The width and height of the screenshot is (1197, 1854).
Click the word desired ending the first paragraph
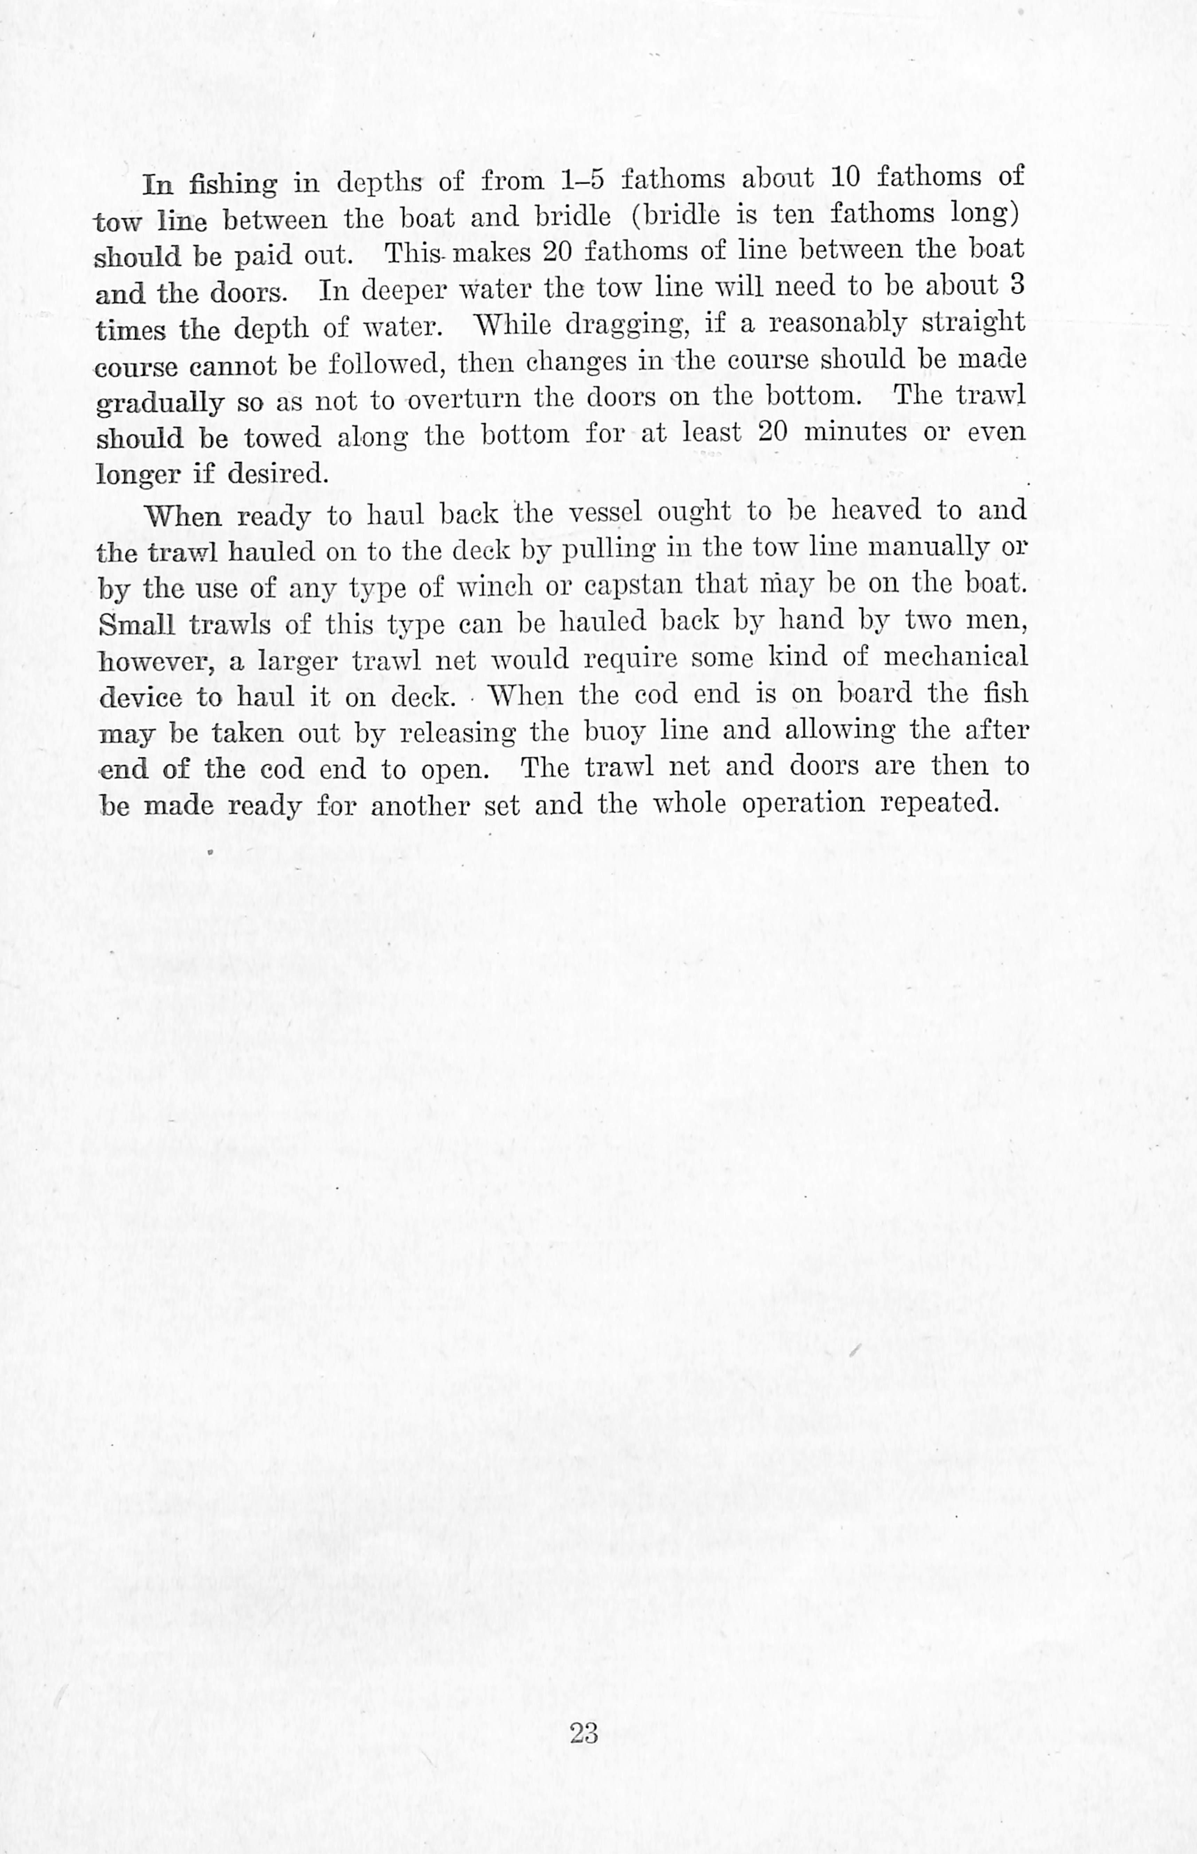click(x=277, y=473)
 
